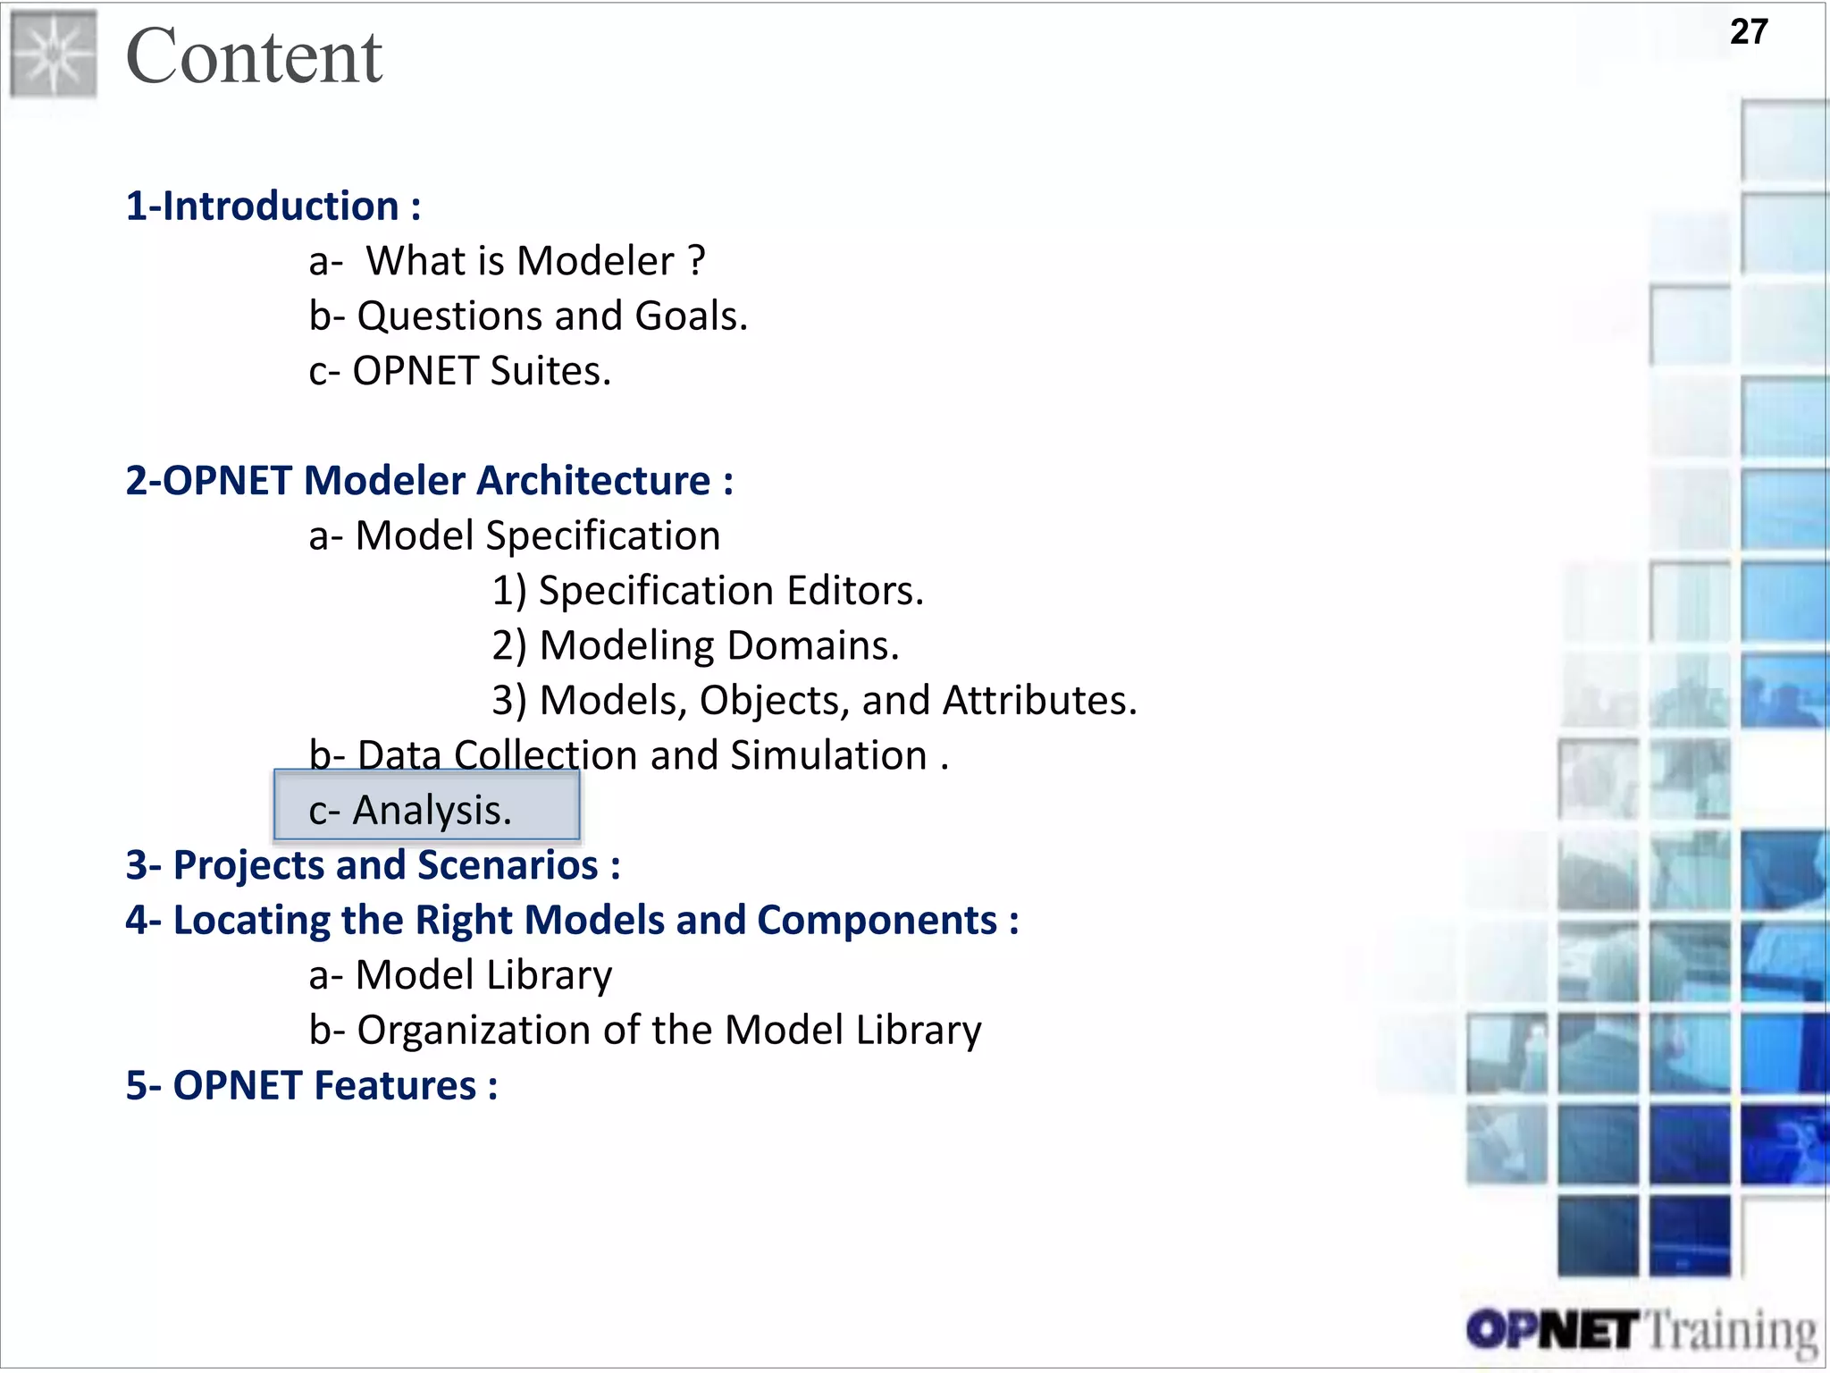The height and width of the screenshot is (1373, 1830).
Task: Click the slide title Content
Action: click(254, 56)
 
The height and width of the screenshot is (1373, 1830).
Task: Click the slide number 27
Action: click(1748, 32)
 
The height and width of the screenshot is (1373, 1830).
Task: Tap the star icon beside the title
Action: click(54, 54)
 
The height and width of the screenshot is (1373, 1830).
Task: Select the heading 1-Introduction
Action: click(273, 206)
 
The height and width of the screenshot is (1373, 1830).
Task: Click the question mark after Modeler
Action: click(696, 261)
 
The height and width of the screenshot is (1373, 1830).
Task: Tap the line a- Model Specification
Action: click(514, 536)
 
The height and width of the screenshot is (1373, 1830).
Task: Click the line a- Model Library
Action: click(460, 975)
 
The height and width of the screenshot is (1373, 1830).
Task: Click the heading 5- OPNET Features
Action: click(311, 1086)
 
